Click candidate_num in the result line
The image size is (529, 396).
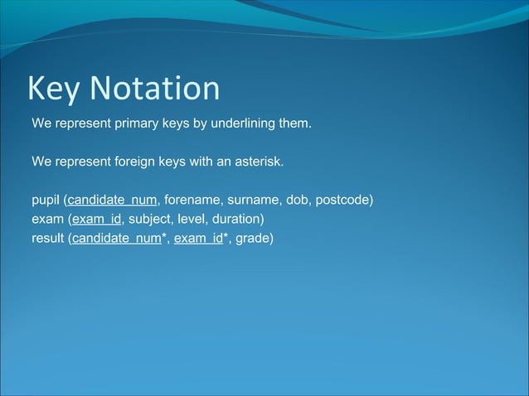(x=116, y=239)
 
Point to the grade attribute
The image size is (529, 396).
(x=253, y=239)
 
